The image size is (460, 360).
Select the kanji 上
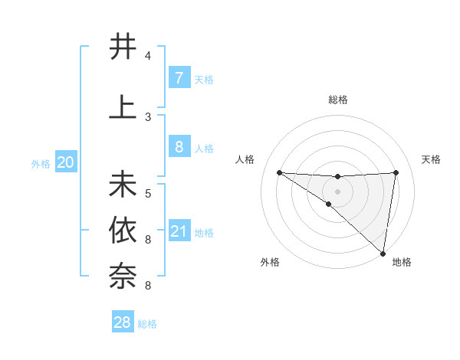(x=123, y=106)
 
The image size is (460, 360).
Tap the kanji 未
(x=123, y=185)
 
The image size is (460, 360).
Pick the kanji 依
(x=123, y=230)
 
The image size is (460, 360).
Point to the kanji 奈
(x=123, y=275)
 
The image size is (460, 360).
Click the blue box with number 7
(x=179, y=78)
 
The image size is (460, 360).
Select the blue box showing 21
(x=179, y=231)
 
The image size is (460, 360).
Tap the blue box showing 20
(x=66, y=162)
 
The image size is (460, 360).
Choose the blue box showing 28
(x=123, y=322)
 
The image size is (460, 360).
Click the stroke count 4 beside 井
(x=148, y=56)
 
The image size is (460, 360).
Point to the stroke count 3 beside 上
(x=148, y=117)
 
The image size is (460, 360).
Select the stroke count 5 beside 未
(x=148, y=194)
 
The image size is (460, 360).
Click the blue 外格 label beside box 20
(x=41, y=163)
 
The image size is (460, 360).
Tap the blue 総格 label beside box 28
(x=147, y=324)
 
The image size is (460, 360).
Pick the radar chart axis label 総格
(x=338, y=100)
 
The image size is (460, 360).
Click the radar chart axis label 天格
(x=432, y=159)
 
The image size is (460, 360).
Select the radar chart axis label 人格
(x=245, y=159)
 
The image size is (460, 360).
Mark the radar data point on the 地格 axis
(x=383, y=253)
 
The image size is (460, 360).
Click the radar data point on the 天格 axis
(x=396, y=172)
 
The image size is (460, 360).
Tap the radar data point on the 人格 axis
(x=279, y=172)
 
